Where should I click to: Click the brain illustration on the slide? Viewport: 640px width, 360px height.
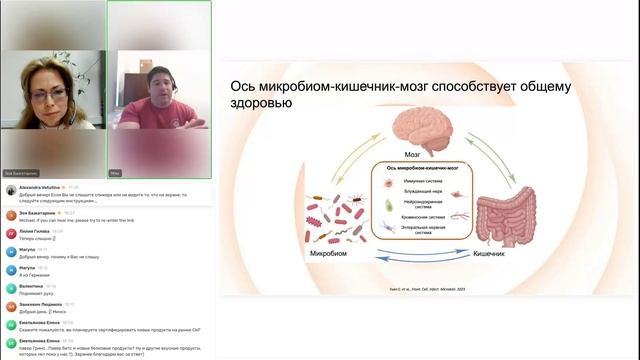click(x=422, y=129)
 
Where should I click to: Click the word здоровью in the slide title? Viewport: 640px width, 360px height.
click(x=262, y=103)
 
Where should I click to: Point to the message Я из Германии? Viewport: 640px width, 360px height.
click(x=33, y=274)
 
